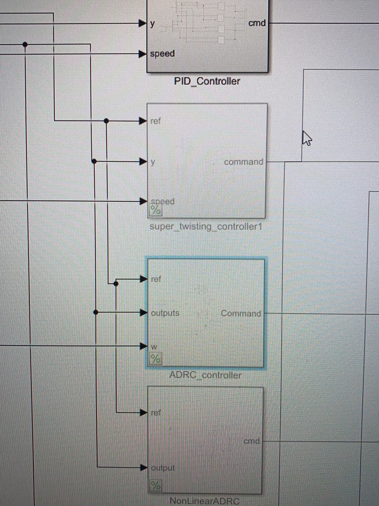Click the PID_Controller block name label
[x=207, y=81]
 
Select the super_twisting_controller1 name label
[x=206, y=226]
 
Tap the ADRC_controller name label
[x=205, y=375]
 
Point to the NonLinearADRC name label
[x=204, y=501]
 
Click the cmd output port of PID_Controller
[x=257, y=23]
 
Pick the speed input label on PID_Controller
[x=162, y=54]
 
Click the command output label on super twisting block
[x=244, y=162]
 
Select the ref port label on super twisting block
[x=155, y=121]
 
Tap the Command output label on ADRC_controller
[x=241, y=313]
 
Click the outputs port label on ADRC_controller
[x=165, y=313]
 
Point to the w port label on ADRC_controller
[x=154, y=346]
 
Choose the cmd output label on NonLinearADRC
[x=252, y=441]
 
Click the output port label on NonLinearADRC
[x=162, y=468]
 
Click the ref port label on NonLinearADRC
[x=155, y=413]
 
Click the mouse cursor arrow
[x=307, y=138]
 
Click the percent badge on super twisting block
[x=155, y=210]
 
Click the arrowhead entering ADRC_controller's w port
[x=143, y=346]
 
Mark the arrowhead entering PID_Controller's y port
[x=142, y=24]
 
